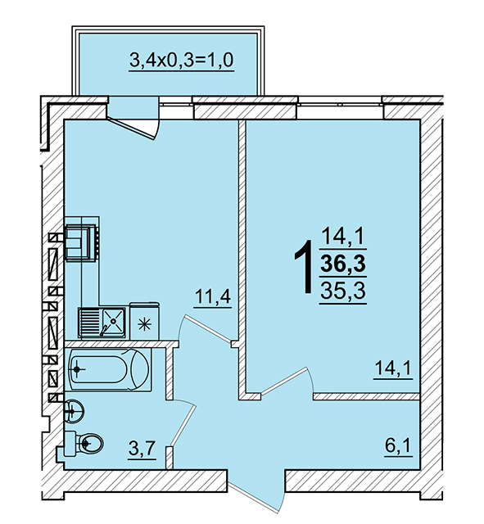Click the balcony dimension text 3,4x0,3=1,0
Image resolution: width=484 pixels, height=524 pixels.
click(182, 61)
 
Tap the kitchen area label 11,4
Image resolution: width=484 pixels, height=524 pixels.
click(213, 296)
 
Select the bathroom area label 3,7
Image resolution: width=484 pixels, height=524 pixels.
click(142, 448)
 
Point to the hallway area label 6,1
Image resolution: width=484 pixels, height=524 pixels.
click(399, 445)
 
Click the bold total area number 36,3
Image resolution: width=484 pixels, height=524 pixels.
click(343, 264)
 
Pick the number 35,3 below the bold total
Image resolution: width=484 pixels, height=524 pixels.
click(343, 291)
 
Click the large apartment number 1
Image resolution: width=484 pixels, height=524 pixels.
click(304, 268)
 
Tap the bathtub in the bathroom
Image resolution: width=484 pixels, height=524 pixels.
click(108, 369)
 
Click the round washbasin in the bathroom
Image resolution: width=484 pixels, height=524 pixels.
click(74, 411)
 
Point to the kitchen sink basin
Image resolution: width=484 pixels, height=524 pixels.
click(113, 321)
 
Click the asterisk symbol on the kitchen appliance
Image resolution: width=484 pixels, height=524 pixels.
click(144, 324)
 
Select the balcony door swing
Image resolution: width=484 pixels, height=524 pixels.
click(133, 126)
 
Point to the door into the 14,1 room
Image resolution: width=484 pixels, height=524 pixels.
click(283, 381)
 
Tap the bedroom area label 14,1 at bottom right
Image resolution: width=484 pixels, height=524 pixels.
click(393, 368)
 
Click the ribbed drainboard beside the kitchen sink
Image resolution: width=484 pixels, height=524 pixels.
click(89, 322)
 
